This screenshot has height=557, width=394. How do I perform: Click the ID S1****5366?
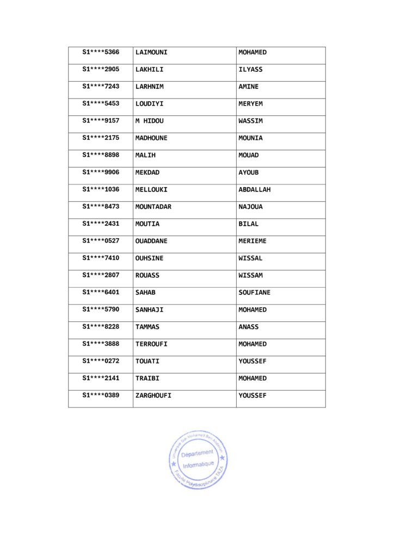(x=101, y=53)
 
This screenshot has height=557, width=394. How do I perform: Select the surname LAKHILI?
(x=149, y=70)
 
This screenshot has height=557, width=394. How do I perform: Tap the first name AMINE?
(x=249, y=87)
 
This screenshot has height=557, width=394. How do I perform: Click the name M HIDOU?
(x=149, y=121)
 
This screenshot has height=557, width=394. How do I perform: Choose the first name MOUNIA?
(x=250, y=138)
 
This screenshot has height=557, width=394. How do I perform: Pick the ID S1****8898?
(x=101, y=155)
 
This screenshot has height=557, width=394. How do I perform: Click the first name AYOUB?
(x=249, y=172)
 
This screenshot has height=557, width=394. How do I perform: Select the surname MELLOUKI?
(x=151, y=190)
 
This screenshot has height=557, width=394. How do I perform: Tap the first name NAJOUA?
(x=250, y=207)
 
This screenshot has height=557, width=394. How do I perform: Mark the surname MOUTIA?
(x=147, y=224)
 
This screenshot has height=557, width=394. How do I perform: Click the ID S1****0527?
(x=101, y=241)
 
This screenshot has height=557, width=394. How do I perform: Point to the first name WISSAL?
(x=250, y=258)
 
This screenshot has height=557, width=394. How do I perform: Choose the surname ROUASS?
(x=147, y=275)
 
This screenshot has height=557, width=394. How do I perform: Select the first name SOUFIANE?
(x=254, y=293)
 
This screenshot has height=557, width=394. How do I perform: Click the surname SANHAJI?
(x=149, y=310)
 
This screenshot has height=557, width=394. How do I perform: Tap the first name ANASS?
(x=249, y=327)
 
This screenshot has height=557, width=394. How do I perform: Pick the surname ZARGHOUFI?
(x=153, y=395)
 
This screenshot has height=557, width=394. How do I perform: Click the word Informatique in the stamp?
(x=198, y=465)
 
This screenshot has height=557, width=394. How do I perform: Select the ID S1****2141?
(x=101, y=378)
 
